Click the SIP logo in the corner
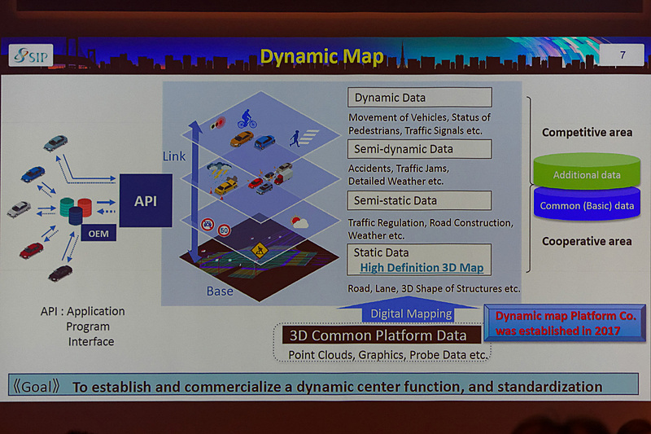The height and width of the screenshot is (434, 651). [31, 55]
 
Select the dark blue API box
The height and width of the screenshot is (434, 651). [146, 199]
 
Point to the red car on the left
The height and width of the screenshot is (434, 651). [32, 250]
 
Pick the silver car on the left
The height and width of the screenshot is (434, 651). [19, 208]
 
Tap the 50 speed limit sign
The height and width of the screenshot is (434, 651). [224, 230]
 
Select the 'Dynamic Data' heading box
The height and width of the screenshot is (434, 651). [421, 98]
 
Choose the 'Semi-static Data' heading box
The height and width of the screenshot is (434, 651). [421, 200]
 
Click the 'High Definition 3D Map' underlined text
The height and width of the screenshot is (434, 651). [422, 268]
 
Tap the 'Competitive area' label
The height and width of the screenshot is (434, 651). [587, 132]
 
